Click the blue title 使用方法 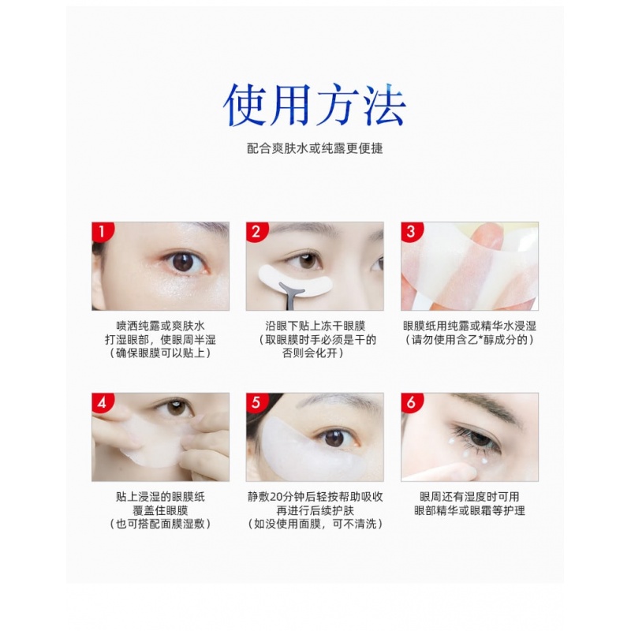314,106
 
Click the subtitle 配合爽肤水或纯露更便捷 315,148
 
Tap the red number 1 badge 102,231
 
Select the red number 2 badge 256,231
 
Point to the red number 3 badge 411,231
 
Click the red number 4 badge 102,402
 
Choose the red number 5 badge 256,402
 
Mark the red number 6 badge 411,402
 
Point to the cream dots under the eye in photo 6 468,452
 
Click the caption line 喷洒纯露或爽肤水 161,326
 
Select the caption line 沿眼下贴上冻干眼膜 315,326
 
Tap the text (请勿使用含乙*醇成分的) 469,340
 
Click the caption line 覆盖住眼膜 161,510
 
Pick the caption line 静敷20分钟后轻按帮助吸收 315,497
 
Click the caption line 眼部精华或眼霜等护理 469,510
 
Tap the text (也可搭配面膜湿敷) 161,524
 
